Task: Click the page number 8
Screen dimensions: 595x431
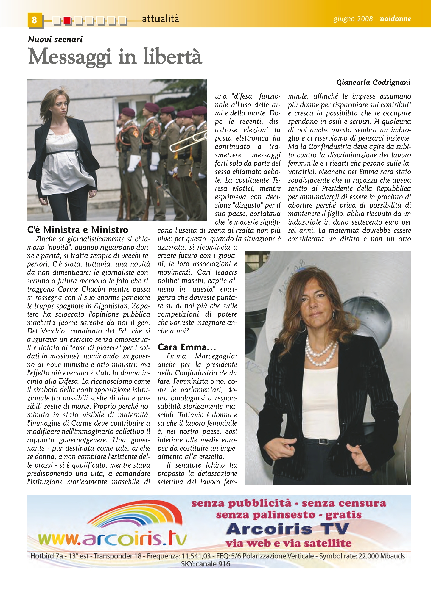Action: click(x=35, y=20)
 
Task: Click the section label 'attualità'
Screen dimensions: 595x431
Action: click(x=161, y=19)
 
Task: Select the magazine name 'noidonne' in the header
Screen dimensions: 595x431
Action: click(x=395, y=19)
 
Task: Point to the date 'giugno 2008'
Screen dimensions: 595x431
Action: click(x=353, y=19)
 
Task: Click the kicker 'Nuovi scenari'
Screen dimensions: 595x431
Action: click(x=55, y=39)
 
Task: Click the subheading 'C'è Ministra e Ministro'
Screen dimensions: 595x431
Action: click(x=77, y=230)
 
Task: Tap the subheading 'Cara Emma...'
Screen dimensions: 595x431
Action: click(x=186, y=347)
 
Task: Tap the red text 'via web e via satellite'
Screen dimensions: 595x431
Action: click(x=288, y=544)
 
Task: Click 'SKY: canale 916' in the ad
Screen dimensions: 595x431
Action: click(x=206, y=564)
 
